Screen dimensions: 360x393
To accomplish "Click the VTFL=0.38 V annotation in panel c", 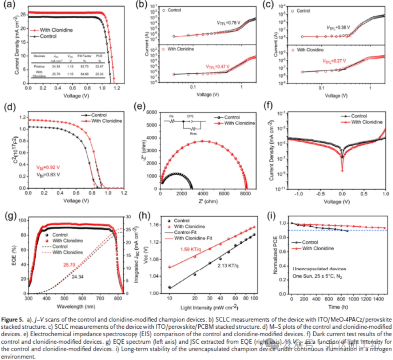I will [338, 27].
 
